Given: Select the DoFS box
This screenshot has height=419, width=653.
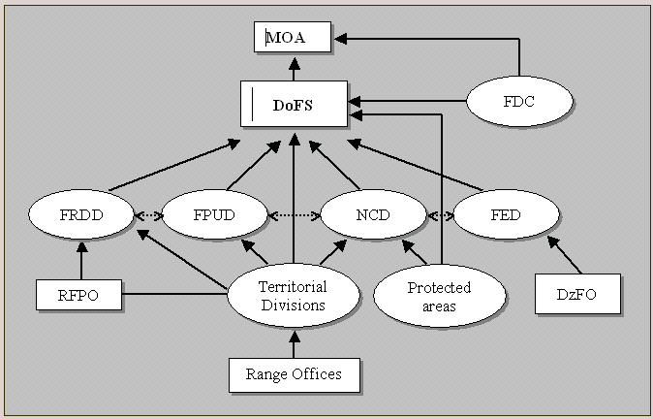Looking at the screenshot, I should (x=294, y=103).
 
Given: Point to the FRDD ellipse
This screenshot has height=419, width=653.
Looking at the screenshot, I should (x=82, y=214).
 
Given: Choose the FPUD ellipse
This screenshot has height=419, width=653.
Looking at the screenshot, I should (x=214, y=214).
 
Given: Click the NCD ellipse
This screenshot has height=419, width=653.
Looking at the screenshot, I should (x=373, y=214).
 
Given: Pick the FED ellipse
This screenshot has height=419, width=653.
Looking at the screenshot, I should (x=507, y=214).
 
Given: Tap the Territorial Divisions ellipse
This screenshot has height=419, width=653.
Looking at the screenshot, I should (x=293, y=295).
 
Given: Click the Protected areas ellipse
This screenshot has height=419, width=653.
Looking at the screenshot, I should (x=438, y=295).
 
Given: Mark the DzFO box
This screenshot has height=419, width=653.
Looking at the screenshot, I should (x=577, y=294).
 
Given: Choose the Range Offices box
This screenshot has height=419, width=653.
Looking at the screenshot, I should (x=293, y=374).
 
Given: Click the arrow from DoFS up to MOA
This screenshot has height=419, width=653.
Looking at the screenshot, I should (x=294, y=67).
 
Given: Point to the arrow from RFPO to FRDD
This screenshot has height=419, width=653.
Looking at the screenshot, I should (x=81, y=258).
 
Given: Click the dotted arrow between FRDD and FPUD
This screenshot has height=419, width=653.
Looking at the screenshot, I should (x=148, y=215).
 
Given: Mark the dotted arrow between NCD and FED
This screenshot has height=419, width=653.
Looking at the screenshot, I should (x=440, y=215).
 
